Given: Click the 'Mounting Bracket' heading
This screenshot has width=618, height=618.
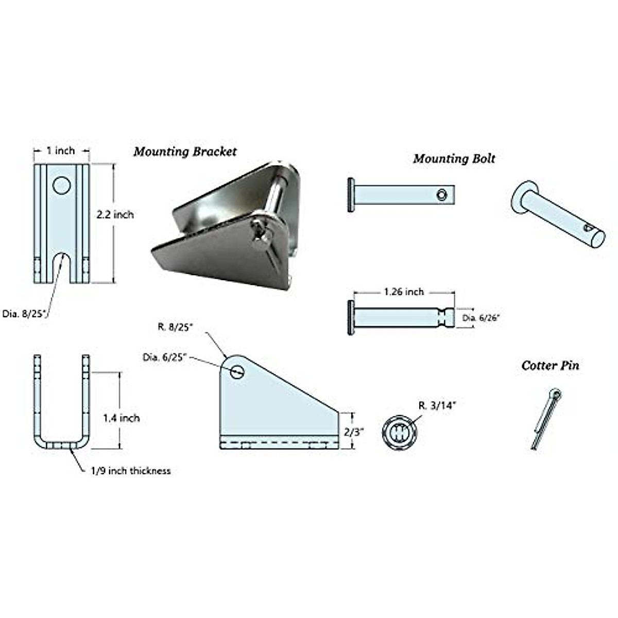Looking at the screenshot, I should click(x=185, y=151).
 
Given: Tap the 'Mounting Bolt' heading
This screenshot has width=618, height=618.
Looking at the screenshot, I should click(x=454, y=158).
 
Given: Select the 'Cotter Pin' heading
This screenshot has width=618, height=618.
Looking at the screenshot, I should click(x=550, y=366).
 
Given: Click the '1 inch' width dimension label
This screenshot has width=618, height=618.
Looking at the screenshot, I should click(x=61, y=150).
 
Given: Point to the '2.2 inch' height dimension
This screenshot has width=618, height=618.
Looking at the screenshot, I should click(x=115, y=214).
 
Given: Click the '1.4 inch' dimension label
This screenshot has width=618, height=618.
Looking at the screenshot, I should click(x=121, y=418).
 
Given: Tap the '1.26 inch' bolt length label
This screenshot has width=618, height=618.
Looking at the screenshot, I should click(x=404, y=291).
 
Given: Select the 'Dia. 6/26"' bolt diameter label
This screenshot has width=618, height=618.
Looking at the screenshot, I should click(x=481, y=318).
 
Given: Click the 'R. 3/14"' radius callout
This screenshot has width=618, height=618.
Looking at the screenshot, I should click(x=437, y=405).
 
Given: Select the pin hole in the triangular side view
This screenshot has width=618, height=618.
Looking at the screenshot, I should click(x=237, y=371).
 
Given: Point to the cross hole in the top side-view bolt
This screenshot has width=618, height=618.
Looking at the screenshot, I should click(x=441, y=194).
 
